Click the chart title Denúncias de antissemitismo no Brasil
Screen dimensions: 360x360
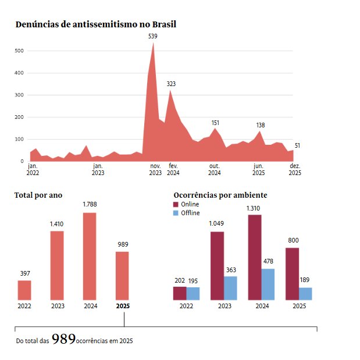tap(96, 24)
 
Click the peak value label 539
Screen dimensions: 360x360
tap(153, 37)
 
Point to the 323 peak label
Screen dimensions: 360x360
tap(171, 84)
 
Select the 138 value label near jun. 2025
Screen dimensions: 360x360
tap(261, 125)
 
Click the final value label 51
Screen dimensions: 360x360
tap(297, 145)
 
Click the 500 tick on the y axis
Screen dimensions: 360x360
tap(19, 51)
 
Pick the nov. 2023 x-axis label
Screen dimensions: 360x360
tap(155, 169)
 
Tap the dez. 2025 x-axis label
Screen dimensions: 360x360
tap(295, 169)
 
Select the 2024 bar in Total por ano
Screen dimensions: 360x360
tap(90, 256)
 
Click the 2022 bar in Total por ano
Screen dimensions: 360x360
tap(24, 290)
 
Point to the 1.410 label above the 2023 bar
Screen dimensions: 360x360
tap(57, 223)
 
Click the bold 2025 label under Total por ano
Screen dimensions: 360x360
tap(123, 306)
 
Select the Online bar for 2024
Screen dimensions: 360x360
tap(255, 257)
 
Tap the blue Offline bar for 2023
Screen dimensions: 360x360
tap(230, 288)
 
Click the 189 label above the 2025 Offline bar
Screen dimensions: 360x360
tap(305, 280)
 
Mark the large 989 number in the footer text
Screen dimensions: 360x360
tap(63, 339)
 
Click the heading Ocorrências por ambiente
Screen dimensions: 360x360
tap(220, 195)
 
